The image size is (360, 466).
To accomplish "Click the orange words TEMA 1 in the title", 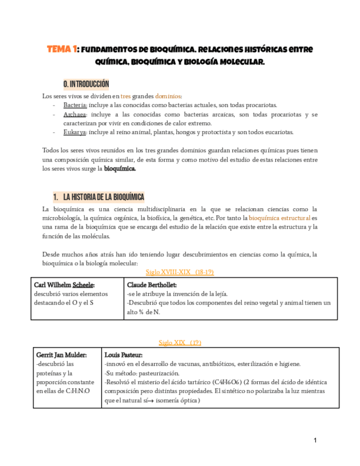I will (x=62, y=49).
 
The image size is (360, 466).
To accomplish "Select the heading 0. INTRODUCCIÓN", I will (x=86, y=84).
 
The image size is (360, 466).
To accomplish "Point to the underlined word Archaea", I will (x=75, y=114).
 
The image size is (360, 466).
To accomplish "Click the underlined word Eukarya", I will (x=75, y=132).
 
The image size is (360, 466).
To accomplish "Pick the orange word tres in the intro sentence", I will (x=126, y=96).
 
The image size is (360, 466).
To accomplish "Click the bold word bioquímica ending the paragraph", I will (x=120, y=169).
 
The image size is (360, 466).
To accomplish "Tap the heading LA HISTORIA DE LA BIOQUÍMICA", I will (x=104, y=197).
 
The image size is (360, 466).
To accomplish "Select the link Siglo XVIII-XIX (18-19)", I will (x=180, y=272).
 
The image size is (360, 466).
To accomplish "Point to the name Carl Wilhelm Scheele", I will (x=64, y=285).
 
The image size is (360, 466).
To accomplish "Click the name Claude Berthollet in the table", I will (x=152, y=285).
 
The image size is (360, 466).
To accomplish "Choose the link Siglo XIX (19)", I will (x=180, y=342).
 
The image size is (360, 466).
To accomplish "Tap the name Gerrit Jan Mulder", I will (x=61, y=355).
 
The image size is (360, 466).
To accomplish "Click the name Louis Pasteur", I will (x=123, y=355).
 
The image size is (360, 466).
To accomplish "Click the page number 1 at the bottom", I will (x=315, y=440).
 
